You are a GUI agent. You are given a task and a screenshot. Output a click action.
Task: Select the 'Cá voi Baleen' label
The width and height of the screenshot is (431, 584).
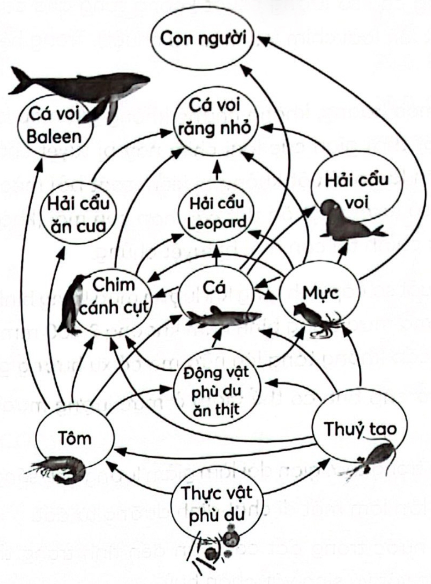tap(54, 125)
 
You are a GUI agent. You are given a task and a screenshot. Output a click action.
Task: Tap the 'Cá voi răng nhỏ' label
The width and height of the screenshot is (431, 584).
tap(215, 117)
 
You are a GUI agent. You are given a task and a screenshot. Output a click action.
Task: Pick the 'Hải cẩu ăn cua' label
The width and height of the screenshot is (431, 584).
tap(78, 215)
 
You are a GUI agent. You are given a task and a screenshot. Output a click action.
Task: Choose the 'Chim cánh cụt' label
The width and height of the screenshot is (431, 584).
tap(113, 295)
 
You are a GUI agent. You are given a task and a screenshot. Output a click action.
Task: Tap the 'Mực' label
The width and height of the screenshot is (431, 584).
tap(315, 292)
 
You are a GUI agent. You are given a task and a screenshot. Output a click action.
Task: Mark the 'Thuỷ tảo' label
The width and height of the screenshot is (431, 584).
tap(360, 428)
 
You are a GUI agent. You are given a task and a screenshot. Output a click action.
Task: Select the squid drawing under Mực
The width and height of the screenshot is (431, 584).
tap(317, 319)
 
